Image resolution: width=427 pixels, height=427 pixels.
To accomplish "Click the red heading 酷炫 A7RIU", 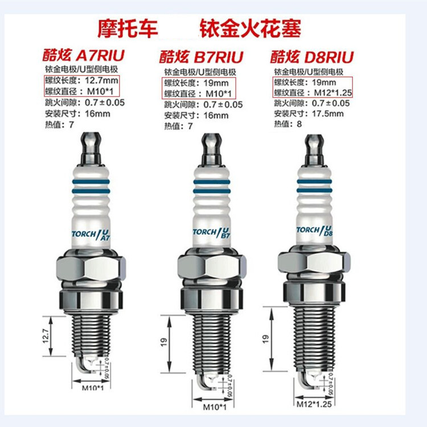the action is coord(83,55).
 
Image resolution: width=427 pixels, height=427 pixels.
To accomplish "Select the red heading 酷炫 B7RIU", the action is coord(201,57).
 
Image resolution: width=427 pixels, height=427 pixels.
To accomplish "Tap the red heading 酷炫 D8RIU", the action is coord(312,57).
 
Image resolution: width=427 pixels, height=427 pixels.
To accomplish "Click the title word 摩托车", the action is coord(128,28).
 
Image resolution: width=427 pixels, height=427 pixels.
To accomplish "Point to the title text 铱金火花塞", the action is coord(251,28).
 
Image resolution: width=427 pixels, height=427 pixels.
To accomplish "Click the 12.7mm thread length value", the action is coord(101,81).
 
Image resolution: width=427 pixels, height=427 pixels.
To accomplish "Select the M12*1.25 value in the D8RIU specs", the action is coord(333,93).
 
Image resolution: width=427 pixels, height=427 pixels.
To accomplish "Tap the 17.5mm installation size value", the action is coord(328,113).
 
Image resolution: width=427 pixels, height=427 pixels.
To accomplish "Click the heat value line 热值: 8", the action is coord(288,124).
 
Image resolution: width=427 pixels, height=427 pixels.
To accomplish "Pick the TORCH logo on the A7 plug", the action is coord(91,235).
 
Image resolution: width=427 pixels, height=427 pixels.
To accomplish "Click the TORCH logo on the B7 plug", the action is coord(212,233).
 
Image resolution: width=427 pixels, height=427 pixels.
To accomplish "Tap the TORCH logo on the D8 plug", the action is coord(314,231).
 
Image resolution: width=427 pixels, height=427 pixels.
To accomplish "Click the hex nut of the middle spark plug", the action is coord(212,268).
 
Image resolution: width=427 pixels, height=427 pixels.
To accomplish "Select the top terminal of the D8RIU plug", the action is coord(314,149).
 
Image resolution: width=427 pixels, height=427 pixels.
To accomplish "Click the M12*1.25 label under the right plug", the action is coord(314,404).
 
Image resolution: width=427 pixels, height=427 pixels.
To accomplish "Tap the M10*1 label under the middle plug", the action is coord(215,407).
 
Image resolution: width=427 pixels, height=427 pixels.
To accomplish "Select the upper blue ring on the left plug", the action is coord(91,182).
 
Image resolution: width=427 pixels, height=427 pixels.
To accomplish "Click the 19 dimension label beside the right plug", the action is coord(265,339).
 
